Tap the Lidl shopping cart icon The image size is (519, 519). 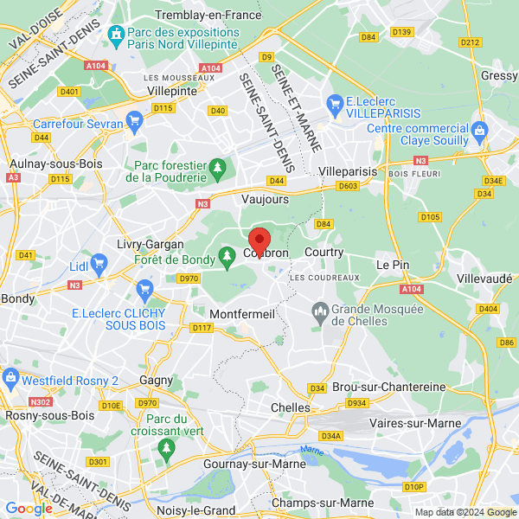(x=99, y=261)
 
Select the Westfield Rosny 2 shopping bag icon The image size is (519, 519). (x=10, y=377)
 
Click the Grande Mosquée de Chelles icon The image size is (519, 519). (x=319, y=311)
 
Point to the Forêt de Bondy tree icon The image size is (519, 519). (x=227, y=254)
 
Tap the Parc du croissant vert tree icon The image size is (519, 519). (x=167, y=447)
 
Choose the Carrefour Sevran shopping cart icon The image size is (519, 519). (x=133, y=120)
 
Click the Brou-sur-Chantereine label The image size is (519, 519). (x=389, y=387)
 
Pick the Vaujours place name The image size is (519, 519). (x=266, y=198)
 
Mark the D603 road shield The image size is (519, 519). (x=348, y=186)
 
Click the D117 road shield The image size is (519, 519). (x=202, y=327)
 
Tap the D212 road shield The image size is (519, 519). (x=470, y=42)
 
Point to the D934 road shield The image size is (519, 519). (x=356, y=402)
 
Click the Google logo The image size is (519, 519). (x=29, y=509)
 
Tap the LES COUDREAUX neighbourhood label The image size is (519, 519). (x=324, y=277)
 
